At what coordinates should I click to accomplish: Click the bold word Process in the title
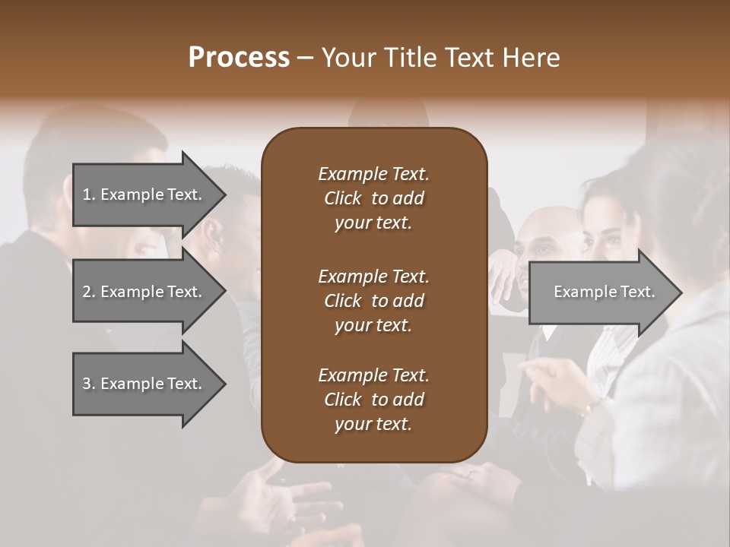[239, 58]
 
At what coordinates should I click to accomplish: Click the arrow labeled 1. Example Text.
[144, 194]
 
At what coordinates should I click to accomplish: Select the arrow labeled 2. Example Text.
[144, 292]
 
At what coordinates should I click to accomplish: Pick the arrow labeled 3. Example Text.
[144, 384]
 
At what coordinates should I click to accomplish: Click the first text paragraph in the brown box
[373, 198]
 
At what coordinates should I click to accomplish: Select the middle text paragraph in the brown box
[373, 300]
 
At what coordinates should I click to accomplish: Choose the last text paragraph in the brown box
[373, 400]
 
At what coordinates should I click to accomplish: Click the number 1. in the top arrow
[89, 194]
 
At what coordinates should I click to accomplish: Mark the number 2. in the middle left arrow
[89, 292]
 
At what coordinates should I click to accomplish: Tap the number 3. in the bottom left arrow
[89, 384]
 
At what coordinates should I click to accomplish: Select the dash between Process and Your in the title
[305, 58]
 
